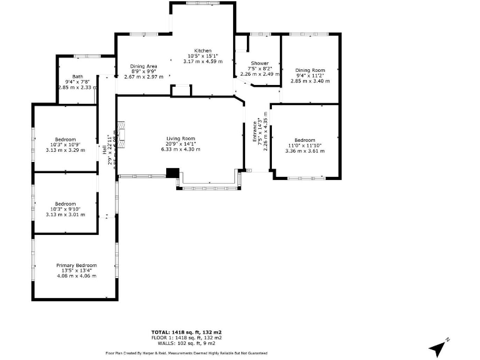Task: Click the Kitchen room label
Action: point(202,51)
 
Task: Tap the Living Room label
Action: point(181,139)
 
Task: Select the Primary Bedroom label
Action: point(76,265)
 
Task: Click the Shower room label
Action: point(259,63)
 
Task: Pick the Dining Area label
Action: point(143,66)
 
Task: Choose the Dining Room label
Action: point(310,70)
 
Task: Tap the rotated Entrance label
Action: point(255,133)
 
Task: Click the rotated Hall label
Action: point(104,150)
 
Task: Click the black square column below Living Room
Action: point(172,173)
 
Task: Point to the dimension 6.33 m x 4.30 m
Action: point(181,149)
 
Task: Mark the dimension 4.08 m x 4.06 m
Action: point(76,276)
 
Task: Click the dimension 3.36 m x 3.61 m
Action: point(304,151)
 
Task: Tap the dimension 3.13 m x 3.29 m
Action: point(65,150)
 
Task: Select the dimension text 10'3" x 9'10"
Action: point(65,209)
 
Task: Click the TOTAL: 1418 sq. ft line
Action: point(186,332)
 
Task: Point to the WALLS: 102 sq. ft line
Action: point(186,342)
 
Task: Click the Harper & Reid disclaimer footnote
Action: point(186,353)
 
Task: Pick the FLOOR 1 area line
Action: point(186,337)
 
